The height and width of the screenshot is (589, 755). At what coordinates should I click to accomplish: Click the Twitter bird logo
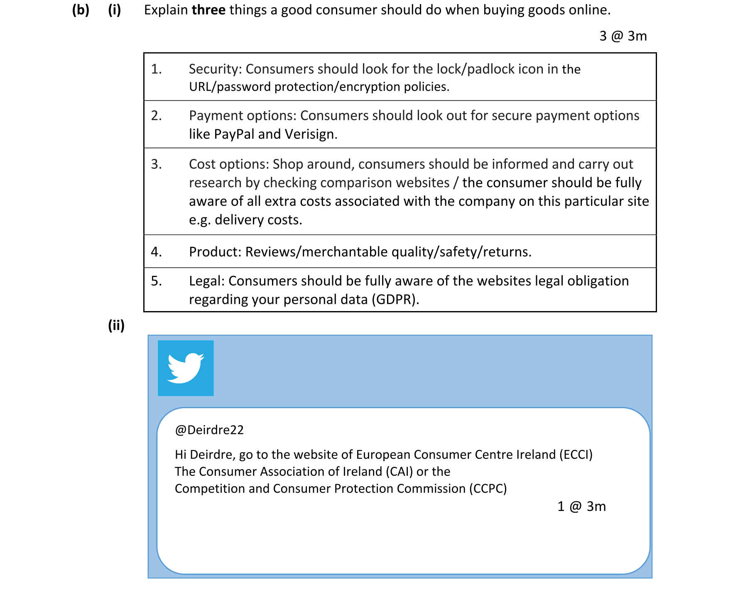(186, 368)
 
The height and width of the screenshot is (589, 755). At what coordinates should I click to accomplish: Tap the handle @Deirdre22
(209, 430)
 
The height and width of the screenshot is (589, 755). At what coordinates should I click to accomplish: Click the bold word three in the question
(208, 10)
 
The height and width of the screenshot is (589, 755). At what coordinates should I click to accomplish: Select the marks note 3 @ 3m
(623, 36)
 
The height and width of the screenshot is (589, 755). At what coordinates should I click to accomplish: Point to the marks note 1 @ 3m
(581, 506)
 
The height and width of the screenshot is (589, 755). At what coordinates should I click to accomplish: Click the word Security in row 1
(215, 69)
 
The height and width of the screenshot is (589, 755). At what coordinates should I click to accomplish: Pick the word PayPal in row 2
(234, 134)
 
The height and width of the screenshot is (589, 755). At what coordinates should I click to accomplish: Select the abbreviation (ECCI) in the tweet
(576, 455)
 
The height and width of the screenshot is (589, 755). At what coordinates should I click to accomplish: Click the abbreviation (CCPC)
(488, 489)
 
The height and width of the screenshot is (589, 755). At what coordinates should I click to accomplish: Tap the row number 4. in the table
(156, 252)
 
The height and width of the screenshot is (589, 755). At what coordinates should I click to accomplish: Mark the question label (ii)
(116, 325)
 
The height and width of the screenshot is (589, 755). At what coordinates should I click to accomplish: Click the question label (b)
(81, 10)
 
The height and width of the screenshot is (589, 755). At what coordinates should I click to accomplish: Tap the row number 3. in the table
(156, 164)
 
